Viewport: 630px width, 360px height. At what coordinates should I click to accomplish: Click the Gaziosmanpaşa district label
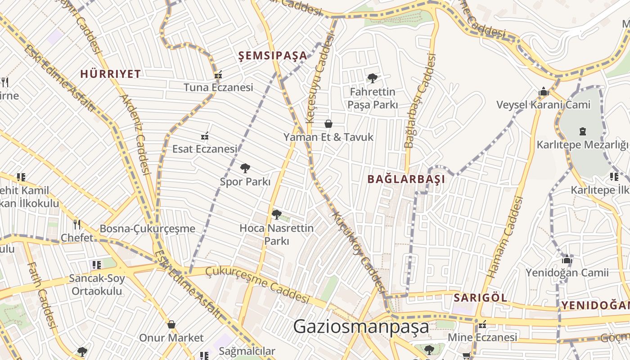tap(361, 327)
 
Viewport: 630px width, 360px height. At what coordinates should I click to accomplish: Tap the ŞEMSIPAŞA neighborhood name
tap(273, 56)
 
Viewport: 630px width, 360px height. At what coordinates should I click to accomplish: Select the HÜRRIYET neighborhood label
tap(110, 74)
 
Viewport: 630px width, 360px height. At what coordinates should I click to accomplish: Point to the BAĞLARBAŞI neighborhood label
tap(406, 179)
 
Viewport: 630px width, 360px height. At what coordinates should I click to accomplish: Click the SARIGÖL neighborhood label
tap(480, 297)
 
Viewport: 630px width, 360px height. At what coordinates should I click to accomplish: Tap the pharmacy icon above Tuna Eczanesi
tap(218, 75)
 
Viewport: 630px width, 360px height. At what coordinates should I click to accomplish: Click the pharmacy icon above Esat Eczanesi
tap(205, 136)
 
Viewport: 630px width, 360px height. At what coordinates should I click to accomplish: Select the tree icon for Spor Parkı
tap(245, 169)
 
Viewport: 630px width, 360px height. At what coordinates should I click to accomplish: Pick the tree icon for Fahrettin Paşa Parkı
tap(372, 78)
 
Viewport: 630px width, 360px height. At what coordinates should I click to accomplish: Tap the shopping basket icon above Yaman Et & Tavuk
tap(328, 124)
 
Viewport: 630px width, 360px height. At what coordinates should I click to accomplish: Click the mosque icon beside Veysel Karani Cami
tap(544, 92)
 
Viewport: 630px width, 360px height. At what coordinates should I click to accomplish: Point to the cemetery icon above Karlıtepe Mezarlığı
tap(583, 131)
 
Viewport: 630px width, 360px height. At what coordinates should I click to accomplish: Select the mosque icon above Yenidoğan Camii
tap(567, 259)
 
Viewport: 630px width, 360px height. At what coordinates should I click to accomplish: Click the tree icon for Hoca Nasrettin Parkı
tap(277, 215)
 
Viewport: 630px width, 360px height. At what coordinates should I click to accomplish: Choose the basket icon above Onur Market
tap(171, 324)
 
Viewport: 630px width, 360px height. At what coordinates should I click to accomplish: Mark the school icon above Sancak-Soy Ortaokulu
tap(96, 265)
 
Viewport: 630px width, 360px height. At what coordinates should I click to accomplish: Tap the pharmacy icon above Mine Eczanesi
tap(482, 324)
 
